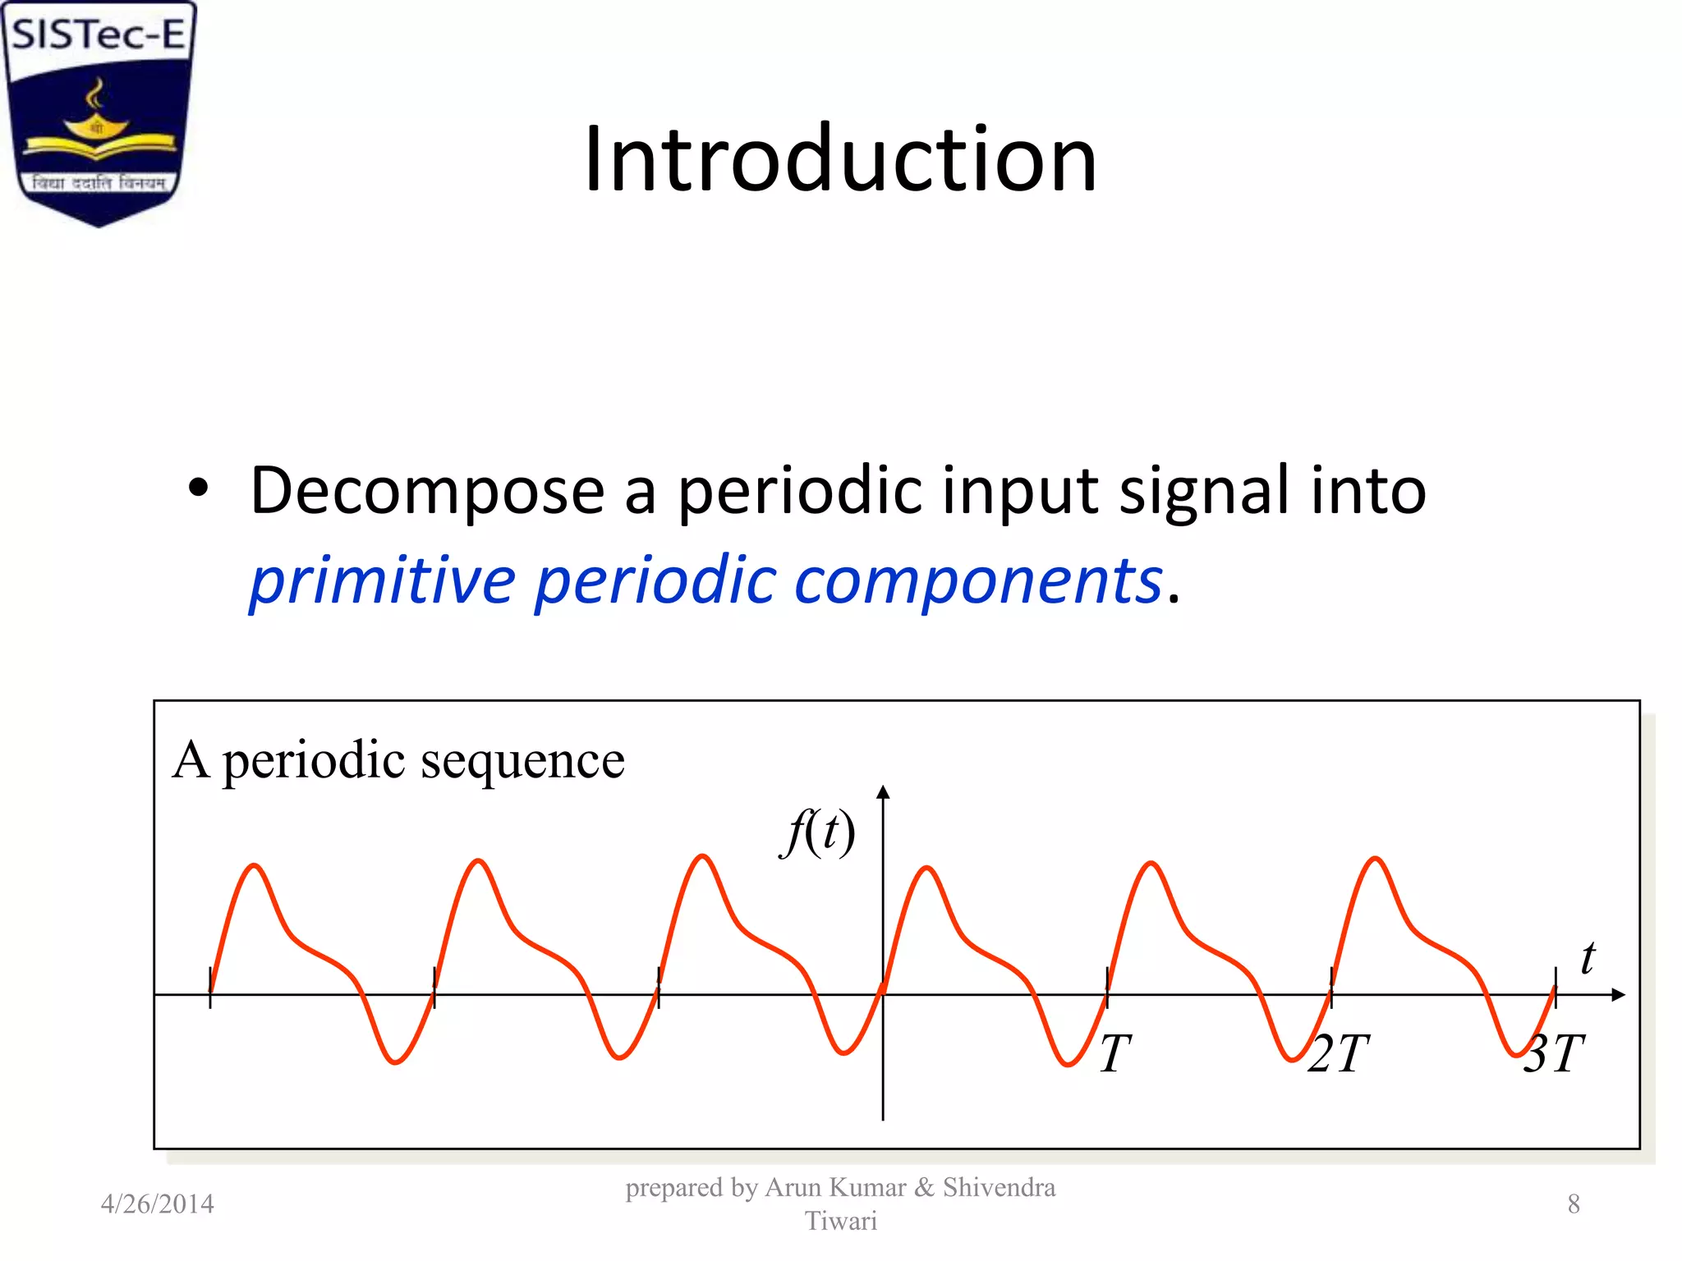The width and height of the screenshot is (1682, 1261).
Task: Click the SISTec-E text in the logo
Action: [99, 35]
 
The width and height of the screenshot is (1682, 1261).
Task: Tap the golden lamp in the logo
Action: [97, 123]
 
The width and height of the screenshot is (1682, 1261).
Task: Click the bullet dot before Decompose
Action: [199, 488]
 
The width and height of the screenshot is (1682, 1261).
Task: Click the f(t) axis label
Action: [818, 832]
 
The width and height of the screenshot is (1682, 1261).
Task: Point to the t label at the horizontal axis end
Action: [1588, 958]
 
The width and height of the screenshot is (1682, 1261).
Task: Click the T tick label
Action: [1114, 1053]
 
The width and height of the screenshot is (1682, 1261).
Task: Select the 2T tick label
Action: [1339, 1053]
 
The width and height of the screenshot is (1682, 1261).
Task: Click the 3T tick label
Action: [1554, 1053]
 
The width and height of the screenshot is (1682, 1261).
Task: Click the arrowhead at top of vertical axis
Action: [883, 791]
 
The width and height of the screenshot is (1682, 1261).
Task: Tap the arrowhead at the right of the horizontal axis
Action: [1618, 995]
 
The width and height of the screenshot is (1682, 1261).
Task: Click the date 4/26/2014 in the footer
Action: [157, 1204]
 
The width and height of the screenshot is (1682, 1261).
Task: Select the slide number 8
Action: [1574, 1204]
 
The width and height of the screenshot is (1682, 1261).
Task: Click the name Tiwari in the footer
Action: [840, 1222]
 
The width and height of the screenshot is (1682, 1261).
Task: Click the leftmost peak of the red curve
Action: [255, 865]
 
